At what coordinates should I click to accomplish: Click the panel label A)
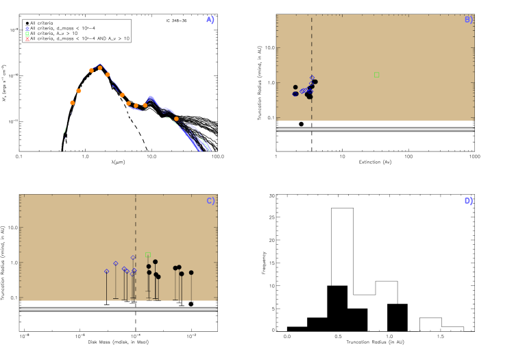coord(210,20)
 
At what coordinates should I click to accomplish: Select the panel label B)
coord(469,20)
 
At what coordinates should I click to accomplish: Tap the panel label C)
coord(210,201)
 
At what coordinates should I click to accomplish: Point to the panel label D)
coord(469,201)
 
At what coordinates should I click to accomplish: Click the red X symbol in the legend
coord(27,39)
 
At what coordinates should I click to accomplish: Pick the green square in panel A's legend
coord(27,34)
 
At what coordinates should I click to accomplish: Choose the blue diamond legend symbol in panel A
coord(27,29)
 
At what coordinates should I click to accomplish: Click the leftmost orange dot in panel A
coord(72,103)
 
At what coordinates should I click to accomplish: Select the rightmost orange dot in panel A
coord(176,119)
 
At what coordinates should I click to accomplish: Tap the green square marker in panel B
coord(376,75)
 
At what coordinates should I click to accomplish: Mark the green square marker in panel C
coord(147,255)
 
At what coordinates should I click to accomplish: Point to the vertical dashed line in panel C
coord(136,226)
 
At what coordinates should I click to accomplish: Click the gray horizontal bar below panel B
coord(375,129)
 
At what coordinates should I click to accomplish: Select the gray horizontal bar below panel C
coord(118,309)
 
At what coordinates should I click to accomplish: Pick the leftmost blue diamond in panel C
coord(106,272)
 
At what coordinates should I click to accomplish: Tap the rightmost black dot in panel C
coord(191,273)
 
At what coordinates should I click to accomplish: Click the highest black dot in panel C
coord(155,262)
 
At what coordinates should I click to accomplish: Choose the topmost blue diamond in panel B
coord(312,77)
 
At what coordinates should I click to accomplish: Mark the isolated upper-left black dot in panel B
coord(295,87)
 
